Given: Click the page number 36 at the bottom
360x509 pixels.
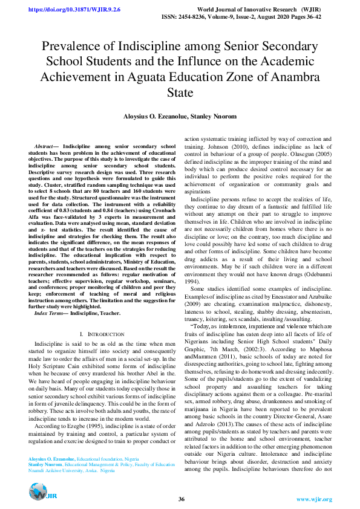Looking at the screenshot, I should pyautogui.click(x=181, y=498).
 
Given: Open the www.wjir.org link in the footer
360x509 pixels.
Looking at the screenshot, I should pyautogui.click(x=313, y=499).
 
